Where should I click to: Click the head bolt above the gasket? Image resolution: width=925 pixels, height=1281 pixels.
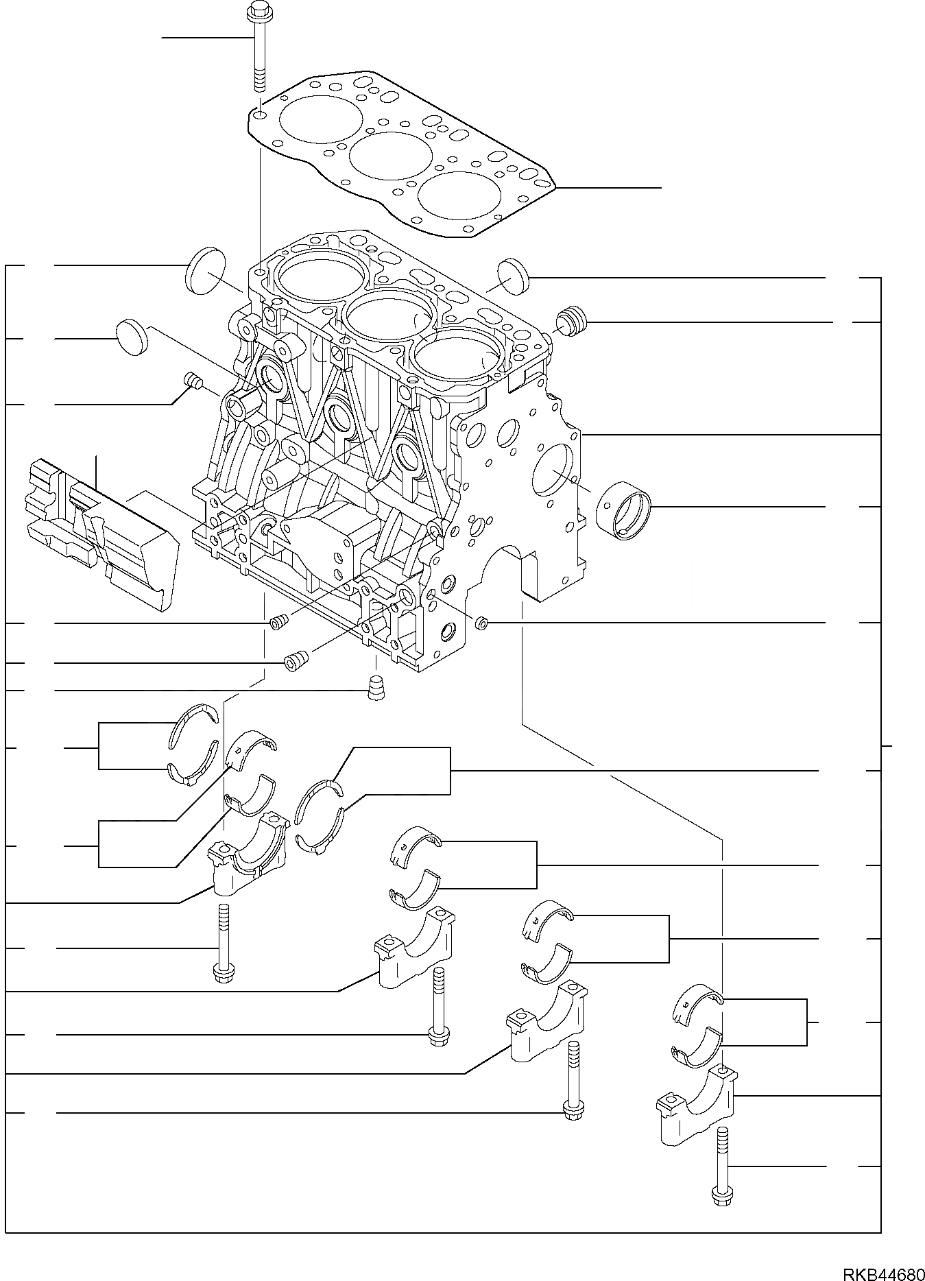(259, 48)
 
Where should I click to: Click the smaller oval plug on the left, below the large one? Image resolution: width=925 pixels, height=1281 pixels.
(132, 337)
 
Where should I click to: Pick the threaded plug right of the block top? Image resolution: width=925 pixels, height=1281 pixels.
(571, 322)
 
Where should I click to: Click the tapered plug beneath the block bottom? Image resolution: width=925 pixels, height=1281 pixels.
(376, 687)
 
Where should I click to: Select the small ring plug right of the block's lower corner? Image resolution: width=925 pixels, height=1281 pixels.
(481, 623)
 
